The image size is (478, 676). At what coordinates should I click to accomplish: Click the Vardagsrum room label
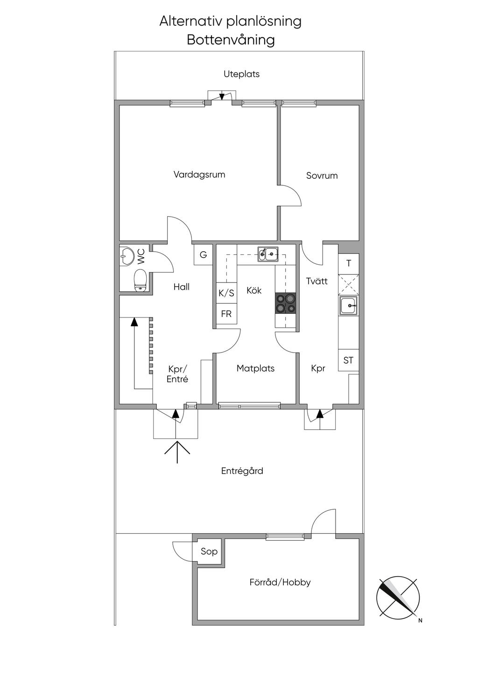199,175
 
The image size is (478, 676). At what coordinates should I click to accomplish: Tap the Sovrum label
322,176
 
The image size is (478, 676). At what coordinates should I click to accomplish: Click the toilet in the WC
140,280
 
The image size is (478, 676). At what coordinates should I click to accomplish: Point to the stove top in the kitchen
286,303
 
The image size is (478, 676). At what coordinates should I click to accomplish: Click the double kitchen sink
268,254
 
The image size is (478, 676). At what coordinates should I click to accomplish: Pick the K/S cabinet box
226,293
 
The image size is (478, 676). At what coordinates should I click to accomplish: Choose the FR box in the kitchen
226,314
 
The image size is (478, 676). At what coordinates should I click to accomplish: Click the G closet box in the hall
204,255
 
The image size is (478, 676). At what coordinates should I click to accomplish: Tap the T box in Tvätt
349,263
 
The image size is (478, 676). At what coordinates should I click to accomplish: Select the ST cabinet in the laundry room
348,360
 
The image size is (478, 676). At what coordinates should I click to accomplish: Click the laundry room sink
349,306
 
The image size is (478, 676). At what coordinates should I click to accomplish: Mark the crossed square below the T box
349,284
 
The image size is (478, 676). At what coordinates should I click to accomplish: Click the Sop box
209,551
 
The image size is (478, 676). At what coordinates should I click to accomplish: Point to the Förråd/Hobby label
280,582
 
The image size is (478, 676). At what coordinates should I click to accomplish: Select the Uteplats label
241,74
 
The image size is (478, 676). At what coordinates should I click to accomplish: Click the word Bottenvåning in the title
231,40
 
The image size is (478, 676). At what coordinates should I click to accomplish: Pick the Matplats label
255,368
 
